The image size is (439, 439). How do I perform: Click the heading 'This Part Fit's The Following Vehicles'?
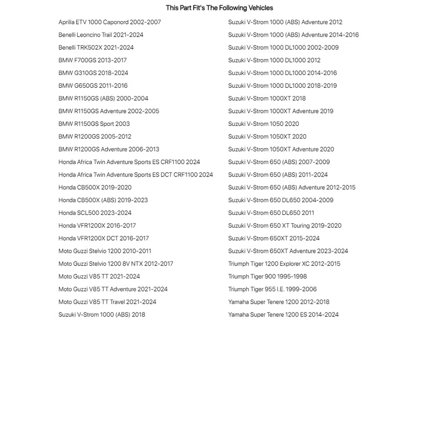coord(219,8)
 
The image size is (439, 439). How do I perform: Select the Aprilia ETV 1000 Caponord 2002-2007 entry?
coord(110,22)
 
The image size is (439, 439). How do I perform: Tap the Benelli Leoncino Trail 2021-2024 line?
coord(101,35)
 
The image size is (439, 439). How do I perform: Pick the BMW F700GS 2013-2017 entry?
coord(92,60)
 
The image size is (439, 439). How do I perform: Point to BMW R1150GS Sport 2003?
coord(94,124)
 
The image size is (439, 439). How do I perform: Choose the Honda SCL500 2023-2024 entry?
coord(95,213)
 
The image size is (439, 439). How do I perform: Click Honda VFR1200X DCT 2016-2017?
coord(103,238)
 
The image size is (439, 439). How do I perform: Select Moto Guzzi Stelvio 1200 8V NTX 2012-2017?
coord(116,264)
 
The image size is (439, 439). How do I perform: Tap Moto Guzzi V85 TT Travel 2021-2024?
coord(107,302)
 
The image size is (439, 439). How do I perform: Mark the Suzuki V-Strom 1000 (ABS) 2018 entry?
coord(102,315)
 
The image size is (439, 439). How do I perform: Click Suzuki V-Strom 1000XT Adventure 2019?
coord(281,111)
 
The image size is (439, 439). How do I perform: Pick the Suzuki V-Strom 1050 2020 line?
coord(263,124)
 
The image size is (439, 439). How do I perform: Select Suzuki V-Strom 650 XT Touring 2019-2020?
coord(284,226)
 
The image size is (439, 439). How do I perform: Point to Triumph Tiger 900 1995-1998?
coord(268,277)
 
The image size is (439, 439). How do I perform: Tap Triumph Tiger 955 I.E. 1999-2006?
coord(272,289)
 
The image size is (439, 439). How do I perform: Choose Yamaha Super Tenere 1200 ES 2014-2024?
coord(283,315)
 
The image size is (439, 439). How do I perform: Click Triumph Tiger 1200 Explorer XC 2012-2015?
coord(284,264)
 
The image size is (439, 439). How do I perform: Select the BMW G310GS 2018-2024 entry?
coord(93,73)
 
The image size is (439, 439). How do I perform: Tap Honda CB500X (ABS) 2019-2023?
coord(103,200)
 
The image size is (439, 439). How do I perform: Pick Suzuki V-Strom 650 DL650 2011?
coord(271,213)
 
